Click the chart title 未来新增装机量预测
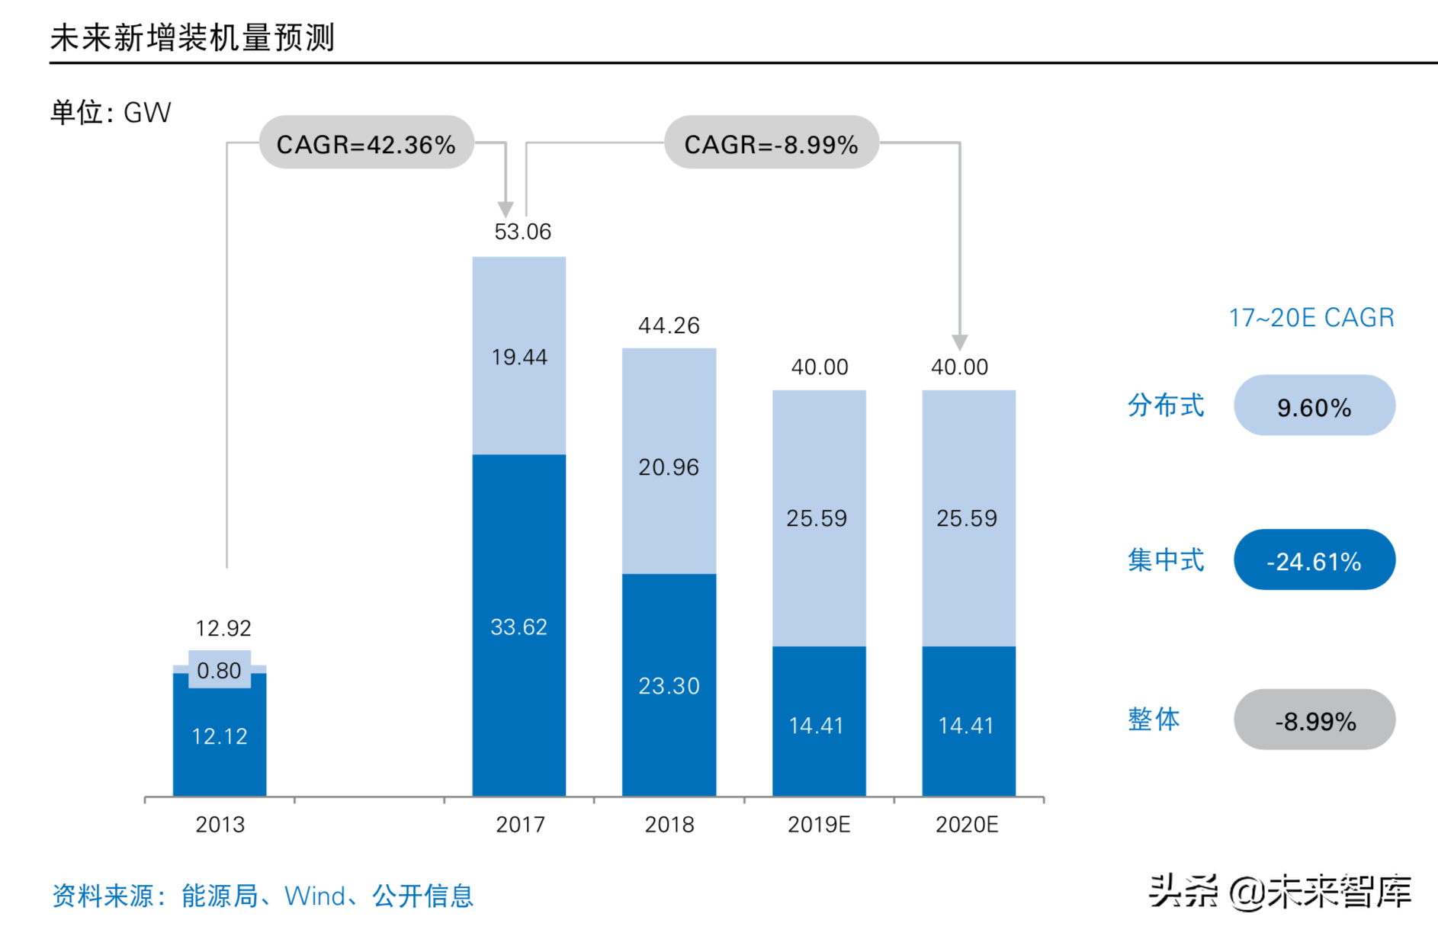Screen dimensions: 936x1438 click(192, 37)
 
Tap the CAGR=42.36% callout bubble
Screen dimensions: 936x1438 click(366, 143)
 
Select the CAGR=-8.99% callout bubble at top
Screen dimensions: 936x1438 click(771, 143)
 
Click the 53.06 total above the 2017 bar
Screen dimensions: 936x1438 click(522, 232)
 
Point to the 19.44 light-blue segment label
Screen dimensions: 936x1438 click(519, 357)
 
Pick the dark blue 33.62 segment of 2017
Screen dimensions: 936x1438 click(519, 627)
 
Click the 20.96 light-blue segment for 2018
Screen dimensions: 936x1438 click(669, 466)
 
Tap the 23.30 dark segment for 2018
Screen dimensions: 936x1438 click(669, 686)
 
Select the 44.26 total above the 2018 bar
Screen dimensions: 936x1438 click(669, 325)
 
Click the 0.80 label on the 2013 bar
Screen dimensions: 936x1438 click(219, 671)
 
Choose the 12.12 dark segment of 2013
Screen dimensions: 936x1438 click(220, 736)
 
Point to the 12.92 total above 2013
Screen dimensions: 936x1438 click(223, 628)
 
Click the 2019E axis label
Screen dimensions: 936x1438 click(818, 825)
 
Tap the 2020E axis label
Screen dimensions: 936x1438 click(967, 825)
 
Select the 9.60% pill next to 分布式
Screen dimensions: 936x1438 click(1314, 406)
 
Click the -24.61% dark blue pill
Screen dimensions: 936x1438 click(1314, 561)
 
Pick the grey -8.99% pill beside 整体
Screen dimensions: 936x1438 click(1314, 720)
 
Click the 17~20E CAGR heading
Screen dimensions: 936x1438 click(1311, 317)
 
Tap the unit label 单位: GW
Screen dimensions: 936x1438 click(111, 113)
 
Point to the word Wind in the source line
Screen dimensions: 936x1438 click(314, 896)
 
